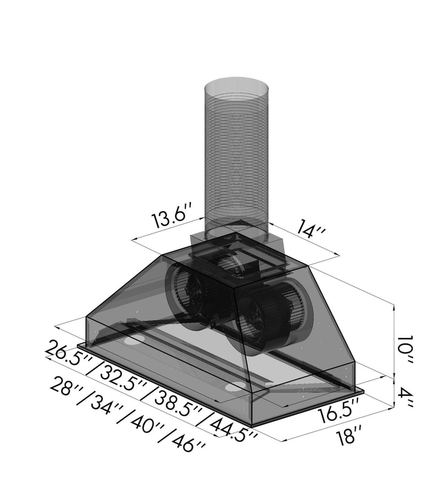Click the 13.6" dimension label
point(172,218)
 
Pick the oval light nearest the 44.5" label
point(235,386)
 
